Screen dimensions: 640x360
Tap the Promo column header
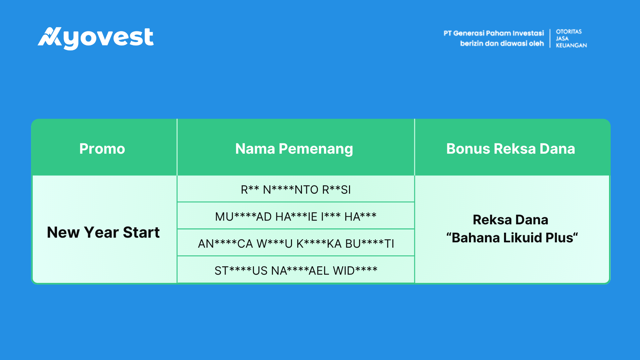tap(102, 149)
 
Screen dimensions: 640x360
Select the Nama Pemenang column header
tap(294, 149)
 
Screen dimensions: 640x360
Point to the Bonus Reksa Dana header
tap(511, 149)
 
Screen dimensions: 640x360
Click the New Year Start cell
tap(103, 232)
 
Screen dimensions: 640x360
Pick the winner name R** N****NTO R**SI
tap(296, 190)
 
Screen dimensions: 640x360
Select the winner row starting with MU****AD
tap(296, 217)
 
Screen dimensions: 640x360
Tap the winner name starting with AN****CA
tap(296, 244)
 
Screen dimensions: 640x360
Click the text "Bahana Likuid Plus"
tap(512, 238)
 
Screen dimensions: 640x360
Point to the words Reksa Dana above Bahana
tap(510, 220)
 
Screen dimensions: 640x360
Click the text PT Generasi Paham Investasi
tap(494, 33)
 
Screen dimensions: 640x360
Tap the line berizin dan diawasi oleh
tap(502, 44)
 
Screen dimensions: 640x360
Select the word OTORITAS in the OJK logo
tap(569, 32)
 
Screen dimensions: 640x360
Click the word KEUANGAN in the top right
tap(571, 45)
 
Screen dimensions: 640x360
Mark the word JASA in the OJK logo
tap(562, 38)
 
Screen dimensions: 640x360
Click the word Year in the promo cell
tap(101, 232)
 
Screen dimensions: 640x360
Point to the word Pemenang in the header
tap(316, 149)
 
